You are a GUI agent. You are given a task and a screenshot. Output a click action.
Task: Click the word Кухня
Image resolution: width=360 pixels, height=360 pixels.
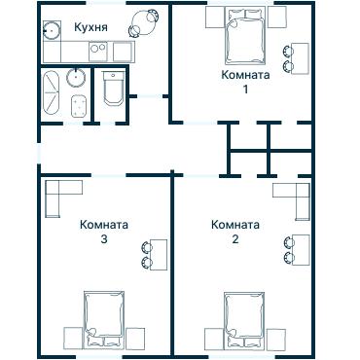click(x=90, y=27)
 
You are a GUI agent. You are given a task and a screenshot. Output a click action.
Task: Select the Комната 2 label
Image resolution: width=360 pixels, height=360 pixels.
click(x=235, y=233)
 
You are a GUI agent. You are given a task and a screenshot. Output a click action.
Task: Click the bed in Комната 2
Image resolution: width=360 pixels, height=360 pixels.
click(x=243, y=317)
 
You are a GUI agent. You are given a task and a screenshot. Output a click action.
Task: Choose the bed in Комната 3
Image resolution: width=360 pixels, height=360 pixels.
click(x=104, y=317)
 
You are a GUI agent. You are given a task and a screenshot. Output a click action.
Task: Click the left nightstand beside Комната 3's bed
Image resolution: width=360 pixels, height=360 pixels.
click(x=72, y=338)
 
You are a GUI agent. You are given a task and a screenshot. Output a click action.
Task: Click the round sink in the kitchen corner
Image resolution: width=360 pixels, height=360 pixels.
click(x=53, y=29)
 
